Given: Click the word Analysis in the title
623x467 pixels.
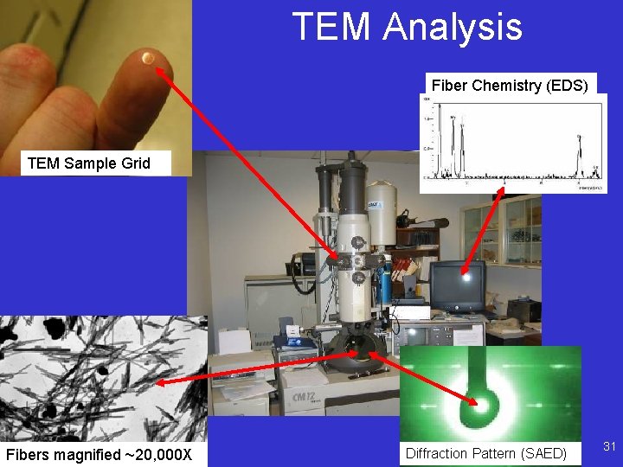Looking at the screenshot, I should pos(453,28).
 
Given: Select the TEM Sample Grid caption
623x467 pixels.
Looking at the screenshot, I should pos(88,163).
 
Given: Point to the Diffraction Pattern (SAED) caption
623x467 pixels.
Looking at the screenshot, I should pos(485,453).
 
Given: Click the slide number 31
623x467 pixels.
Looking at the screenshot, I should pos(609,446).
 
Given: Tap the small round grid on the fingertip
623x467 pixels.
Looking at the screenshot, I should pos(148,59).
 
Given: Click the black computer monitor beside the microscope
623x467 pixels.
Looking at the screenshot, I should pos(457,285).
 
